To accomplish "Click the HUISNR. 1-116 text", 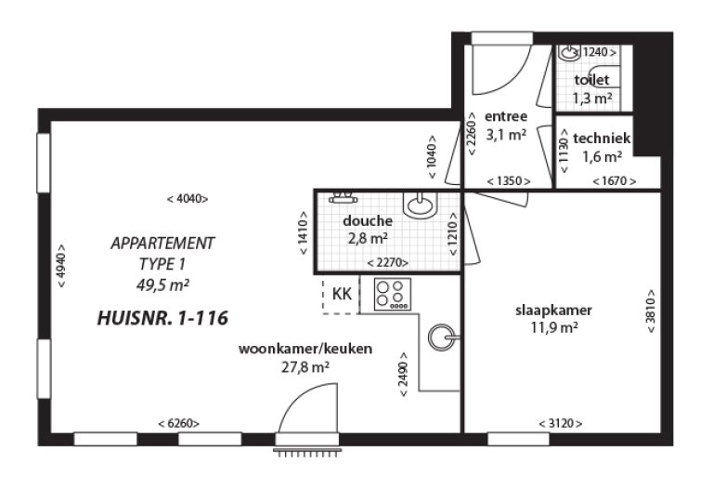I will tap(162, 318).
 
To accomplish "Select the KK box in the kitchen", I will tap(341, 294).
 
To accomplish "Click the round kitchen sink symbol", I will tap(444, 337).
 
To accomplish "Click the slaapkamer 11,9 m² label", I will tap(554, 318).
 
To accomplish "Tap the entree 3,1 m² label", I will tap(506, 126).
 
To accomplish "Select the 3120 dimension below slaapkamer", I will tap(560, 423).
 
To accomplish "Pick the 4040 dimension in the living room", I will tap(187, 198).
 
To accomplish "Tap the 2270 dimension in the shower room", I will tap(389, 263).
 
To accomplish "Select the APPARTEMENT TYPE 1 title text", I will tap(162, 253).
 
